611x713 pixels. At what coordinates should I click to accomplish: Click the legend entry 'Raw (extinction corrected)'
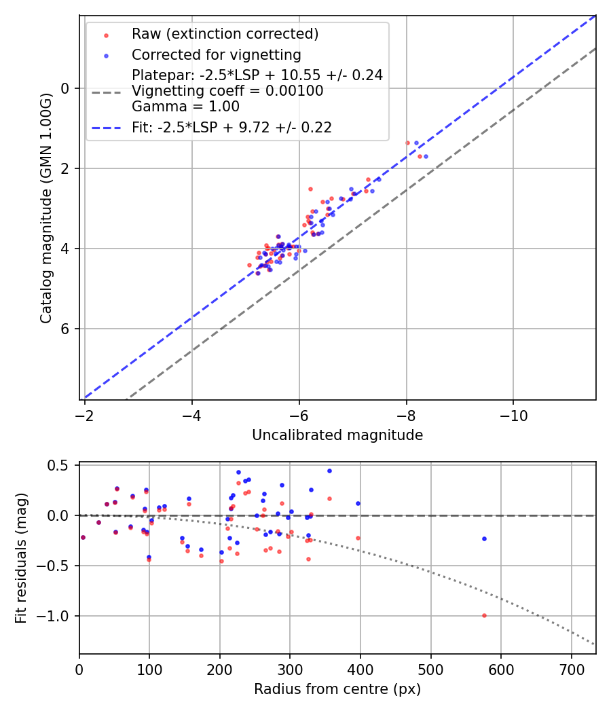225,34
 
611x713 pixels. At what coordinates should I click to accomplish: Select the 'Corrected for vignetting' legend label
216,54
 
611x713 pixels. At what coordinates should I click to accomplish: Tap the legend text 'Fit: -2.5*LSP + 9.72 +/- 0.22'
232,128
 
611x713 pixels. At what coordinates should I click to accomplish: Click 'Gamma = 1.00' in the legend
185,107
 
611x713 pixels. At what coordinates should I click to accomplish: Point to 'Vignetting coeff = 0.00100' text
227,91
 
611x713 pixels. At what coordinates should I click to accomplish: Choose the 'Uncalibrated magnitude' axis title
337,435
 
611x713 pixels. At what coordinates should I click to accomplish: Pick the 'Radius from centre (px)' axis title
337,689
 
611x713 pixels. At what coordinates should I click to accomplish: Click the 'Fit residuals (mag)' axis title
21,558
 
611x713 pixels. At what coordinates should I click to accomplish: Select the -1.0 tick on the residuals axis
57,616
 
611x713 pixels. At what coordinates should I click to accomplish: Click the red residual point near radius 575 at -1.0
484,615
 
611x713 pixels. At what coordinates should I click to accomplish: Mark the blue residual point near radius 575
484,538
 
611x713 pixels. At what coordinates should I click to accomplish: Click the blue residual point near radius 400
358,503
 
